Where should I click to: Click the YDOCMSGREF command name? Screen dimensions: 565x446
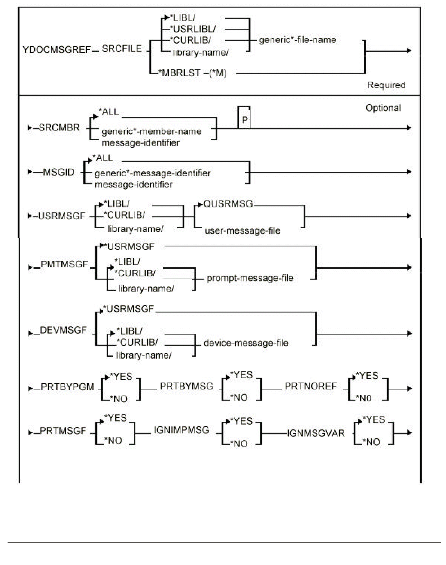[x=56, y=49]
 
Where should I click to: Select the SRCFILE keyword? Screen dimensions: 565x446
[x=122, y=49]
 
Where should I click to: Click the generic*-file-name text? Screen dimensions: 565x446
[x=297, y=40]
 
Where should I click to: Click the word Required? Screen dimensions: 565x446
[x=386, y=85]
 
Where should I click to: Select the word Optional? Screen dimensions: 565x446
[x=383, y=108]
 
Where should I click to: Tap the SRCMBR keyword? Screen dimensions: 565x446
[x=59, y=128]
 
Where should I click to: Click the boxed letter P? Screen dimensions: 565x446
[x=245, y=120]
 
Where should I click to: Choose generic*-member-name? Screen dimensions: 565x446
[x=152, y=131]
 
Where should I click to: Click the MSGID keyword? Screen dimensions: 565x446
[x=59, y=172]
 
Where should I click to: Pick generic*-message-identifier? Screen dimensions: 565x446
[x=153, y=173]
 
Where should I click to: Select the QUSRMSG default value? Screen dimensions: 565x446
[x=228, y=204]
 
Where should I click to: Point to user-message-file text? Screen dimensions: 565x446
[x=242, y=231]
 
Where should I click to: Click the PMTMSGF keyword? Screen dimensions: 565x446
[x=64, y=264]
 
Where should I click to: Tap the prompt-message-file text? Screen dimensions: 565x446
[x=250, y=278]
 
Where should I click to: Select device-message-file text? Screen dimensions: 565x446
[x=246, y=343]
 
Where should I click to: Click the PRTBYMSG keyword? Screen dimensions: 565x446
[x=187, y=386]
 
